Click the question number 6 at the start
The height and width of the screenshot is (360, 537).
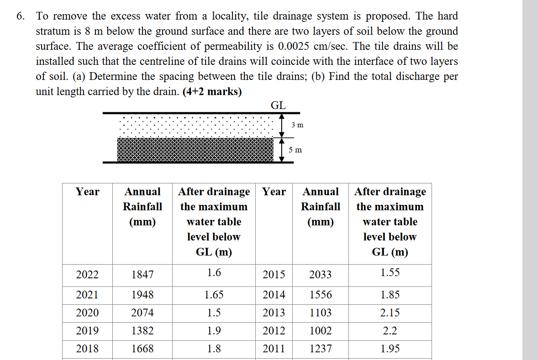(20, 16)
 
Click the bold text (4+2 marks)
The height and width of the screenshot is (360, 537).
(212, 92)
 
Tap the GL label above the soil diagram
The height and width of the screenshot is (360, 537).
(279, 105)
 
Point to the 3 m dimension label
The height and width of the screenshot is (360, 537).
(297, 125)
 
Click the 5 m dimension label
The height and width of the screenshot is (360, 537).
(295, 150)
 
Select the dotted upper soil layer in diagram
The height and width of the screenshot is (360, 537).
(196, 125)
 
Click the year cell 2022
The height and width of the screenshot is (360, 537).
(87, 275)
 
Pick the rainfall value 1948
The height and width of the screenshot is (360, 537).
(142, 295)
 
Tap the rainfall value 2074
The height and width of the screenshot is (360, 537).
(142, 313)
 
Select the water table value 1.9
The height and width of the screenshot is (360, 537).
(214, 331)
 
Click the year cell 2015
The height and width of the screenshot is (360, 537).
(274, 275)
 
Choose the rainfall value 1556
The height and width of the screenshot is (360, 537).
(321, 295)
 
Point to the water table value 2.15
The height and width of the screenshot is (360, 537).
(390, 313)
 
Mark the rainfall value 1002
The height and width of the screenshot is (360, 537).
(321, 331)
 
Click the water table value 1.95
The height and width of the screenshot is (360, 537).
(390, 349)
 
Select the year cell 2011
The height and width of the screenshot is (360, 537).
(274, 349)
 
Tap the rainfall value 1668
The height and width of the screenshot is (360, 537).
(142, 349)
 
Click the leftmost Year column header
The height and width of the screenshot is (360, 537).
(87, 192)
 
